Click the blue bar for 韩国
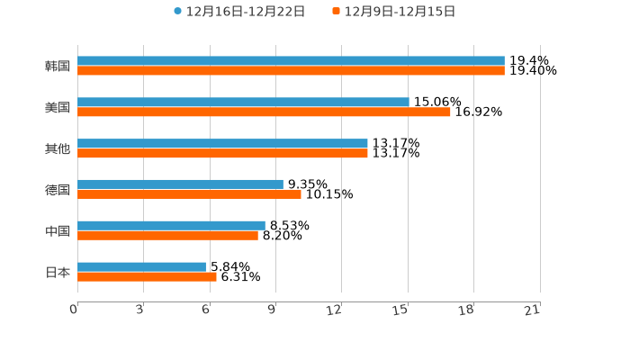point(291,61)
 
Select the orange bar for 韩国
point(291,71)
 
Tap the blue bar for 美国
point(243,103)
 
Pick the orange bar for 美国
point(264,112)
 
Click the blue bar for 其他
point(222,144)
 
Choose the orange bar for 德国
point(189,194)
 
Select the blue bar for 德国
point(180,184)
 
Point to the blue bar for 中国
point(171,226)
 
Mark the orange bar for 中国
point(167,236)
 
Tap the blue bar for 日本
point(141,267)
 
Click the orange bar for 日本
point(147,277)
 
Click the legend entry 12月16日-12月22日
point(239,12)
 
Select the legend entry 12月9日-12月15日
point(394,12)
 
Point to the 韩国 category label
point(58,67)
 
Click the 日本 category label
point(58,272)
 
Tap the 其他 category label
point(58,148)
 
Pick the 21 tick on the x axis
point(532,310)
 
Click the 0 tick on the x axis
point(74,310)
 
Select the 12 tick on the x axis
point(335,310)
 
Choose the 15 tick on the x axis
point(400,310)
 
